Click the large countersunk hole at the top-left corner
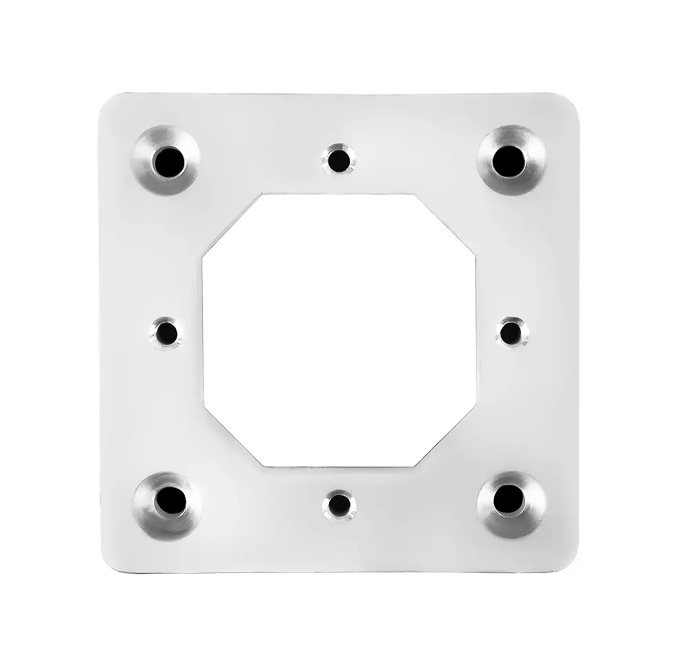click(166, 161)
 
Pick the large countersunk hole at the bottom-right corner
click(509, 499)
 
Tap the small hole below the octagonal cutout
click(338, 504)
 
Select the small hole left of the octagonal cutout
click(166, 333)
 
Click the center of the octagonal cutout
click(339, 331)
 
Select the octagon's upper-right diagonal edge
click(446, 226)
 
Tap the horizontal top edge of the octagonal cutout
click(339, 194)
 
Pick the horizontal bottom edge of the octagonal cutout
click(339, 467)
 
